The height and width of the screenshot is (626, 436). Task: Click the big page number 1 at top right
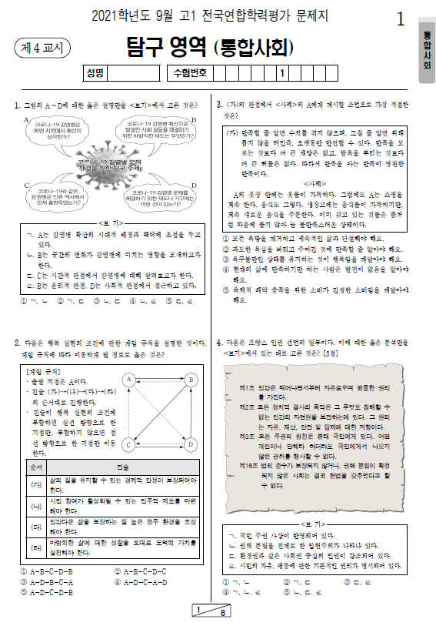pyautogui.click(x=400, y=20)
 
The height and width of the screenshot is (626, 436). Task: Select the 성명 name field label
pyautogui.click(x=95, y=74)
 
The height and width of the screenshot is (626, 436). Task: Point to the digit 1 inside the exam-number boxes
pyautogui.click(x=282, y=74)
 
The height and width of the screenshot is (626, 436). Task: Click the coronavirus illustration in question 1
pyautogui.click(x=110, y=160)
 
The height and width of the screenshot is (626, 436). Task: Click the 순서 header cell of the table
pyautogui.click(x=35, y=467)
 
